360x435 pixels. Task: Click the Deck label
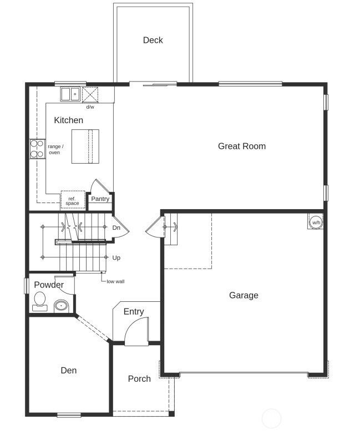(153, 40)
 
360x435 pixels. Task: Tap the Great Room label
(241, 146)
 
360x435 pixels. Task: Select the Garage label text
(244, 295)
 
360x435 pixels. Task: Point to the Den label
(69, 370)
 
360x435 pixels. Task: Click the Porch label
(139, 378)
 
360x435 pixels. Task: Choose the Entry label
(134, 311)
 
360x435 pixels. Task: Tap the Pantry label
(100, 199)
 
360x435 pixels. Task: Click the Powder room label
(49, 285)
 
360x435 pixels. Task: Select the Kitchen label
(68, 120)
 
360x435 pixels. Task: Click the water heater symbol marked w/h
(316, 222)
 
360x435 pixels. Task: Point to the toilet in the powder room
(39, 300)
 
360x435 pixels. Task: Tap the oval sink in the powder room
(61, 305)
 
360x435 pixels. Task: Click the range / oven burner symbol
(37, 149)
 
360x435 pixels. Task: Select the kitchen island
(85, 146)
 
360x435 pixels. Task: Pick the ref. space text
(72, 201)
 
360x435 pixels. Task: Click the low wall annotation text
(116, 281)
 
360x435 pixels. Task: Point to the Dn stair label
(116, 227)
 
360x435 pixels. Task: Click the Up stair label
(116, 257)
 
